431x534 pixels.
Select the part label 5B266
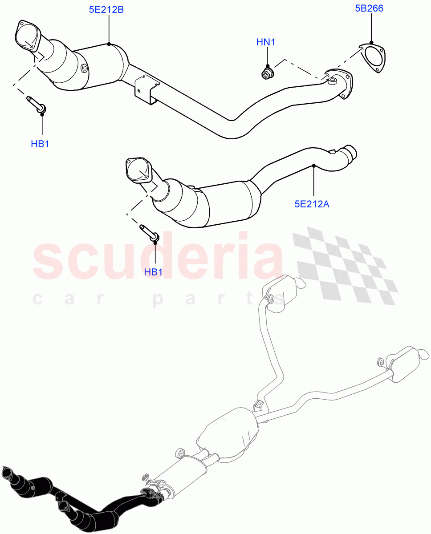(369, 8)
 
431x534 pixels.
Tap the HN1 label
(266, 42)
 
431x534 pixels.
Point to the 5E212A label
(311, 204)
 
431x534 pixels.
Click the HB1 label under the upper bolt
(40, 144)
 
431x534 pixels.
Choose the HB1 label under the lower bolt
(154, 272)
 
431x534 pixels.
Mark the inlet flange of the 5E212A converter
(137, 170)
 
